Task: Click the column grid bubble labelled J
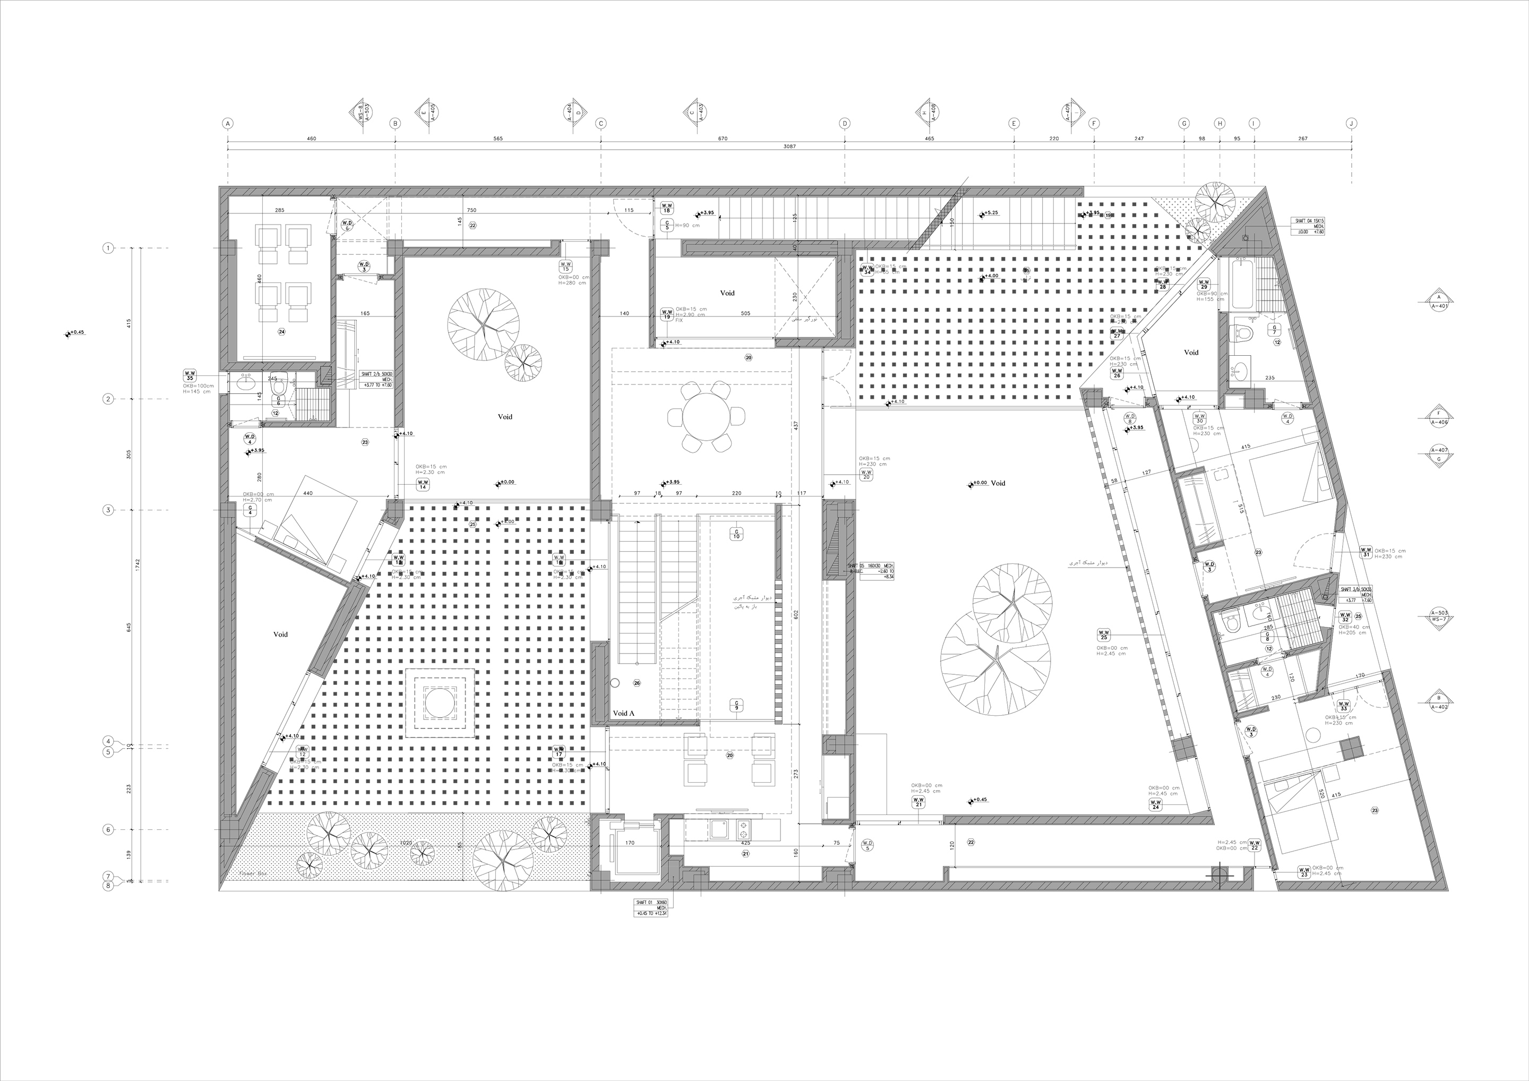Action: pos(1351,123)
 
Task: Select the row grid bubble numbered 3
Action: pos(108,510)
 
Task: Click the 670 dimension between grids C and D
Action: pos(723,139)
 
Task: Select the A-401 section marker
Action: pos(1439,302)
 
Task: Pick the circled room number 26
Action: pos(637,683)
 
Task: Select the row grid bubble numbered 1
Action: pos(108,248)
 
